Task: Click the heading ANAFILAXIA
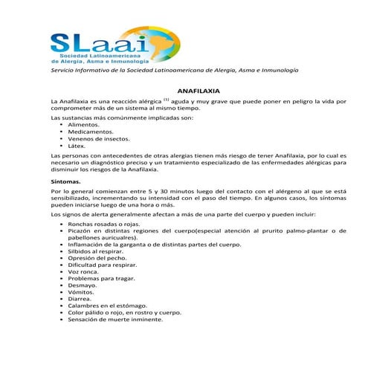point(184,88)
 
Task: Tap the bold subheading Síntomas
point(65,181)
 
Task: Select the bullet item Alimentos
point(83,125)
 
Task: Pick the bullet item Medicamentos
point(90,132)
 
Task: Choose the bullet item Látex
point(77,146)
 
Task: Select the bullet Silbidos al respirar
point(96,252)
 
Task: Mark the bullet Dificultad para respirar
point(102,265)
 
